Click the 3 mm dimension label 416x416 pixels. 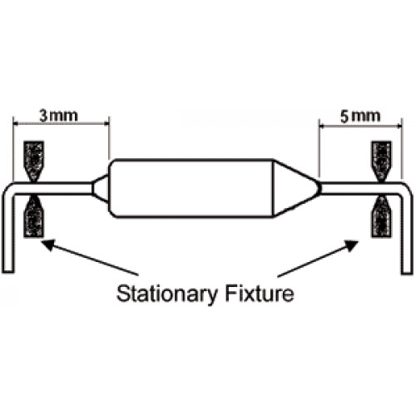tap(58, 116)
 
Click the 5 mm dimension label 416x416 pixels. tap(360, 116)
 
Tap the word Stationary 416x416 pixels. tap(166, 295)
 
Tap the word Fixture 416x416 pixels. tap(260, 294)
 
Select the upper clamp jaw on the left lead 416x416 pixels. tap(34, 161)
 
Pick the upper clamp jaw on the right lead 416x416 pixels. tap(382, 161)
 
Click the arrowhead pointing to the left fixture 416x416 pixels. tap(47, 244)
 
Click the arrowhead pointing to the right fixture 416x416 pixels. tap(352, 245)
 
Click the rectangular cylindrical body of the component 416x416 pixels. tap(191, 188)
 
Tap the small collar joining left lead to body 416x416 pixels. tap(100, 189)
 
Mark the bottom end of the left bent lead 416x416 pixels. tap(8, 271)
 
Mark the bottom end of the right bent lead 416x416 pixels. tap(407, 272)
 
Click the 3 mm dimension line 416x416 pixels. tap(61, 124)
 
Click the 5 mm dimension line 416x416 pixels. tap(360, 126)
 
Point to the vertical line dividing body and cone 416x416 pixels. tap(274, 188)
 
